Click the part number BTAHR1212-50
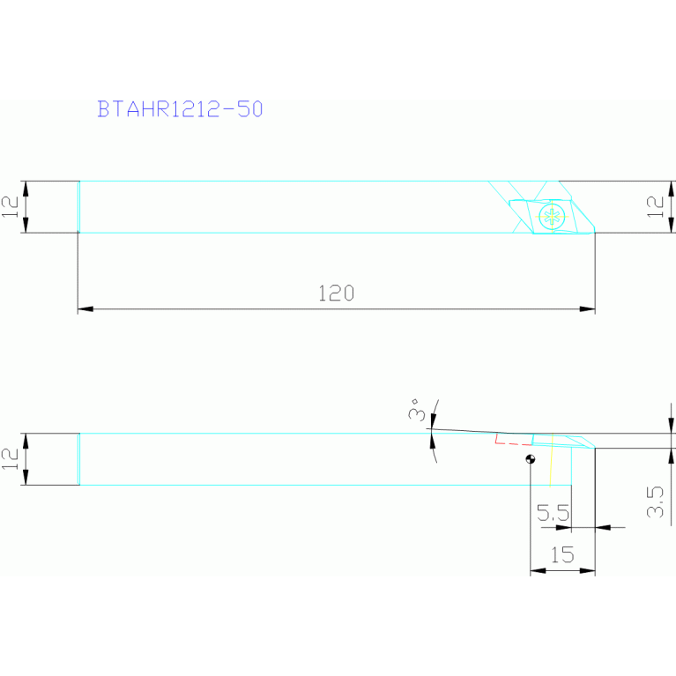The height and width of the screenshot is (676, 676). tap(180, 109)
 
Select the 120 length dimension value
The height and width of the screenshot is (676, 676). tap(336, 293)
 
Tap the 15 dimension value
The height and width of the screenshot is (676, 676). tap(561, 555)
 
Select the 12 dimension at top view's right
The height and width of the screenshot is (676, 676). tap(655, 207)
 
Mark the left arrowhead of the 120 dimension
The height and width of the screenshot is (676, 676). tap(84, 308)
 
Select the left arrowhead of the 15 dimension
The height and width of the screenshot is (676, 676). tap(536, 570)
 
